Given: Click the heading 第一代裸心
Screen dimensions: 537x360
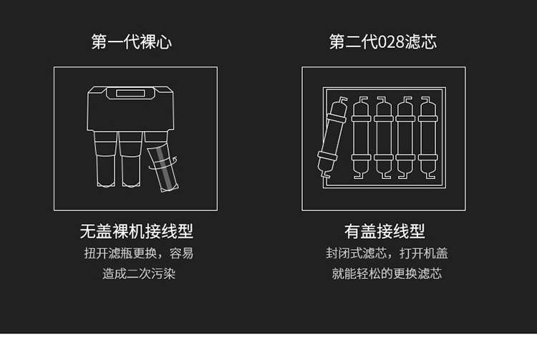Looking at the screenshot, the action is click(x=132, y=42).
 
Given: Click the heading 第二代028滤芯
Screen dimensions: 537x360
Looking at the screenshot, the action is click(x=383, y=42).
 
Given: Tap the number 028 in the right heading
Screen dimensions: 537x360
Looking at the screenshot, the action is click(x=391, y=42).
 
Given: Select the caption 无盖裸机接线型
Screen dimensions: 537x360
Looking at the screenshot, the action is click(x=136, y=231).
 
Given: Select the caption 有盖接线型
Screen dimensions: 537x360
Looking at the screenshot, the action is click(x=384, y=231).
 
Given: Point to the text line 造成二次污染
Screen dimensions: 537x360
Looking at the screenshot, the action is click(x=139, y=273).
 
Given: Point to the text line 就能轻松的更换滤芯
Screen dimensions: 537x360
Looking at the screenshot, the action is click(x=387, y=273).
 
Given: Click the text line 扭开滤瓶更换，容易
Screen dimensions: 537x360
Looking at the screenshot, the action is click(x=139, y=253).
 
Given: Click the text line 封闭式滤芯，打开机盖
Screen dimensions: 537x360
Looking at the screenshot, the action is click(x=387, y=253).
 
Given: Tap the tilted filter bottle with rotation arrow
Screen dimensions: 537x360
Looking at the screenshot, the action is click(x=163, y=167).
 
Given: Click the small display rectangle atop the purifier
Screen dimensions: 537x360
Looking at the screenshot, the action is click(x=130, y=93).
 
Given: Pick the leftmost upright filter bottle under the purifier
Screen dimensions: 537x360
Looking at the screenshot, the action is click(x=105, y=159).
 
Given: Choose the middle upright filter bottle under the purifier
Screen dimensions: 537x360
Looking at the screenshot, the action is click(x=130, y=159).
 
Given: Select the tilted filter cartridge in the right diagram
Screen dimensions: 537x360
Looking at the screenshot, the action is click(x=332, y=137).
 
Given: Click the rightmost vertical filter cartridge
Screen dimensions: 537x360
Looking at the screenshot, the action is click(x=428, y=137).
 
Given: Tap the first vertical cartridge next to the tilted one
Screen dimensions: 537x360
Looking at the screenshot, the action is click(x=362, y=137).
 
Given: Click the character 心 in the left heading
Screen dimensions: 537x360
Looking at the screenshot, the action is click(x=164, y=42).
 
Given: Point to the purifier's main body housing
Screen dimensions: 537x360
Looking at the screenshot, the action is click(x=130, y=109).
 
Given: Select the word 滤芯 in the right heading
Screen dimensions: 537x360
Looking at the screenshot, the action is click(x=420, y=42).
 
